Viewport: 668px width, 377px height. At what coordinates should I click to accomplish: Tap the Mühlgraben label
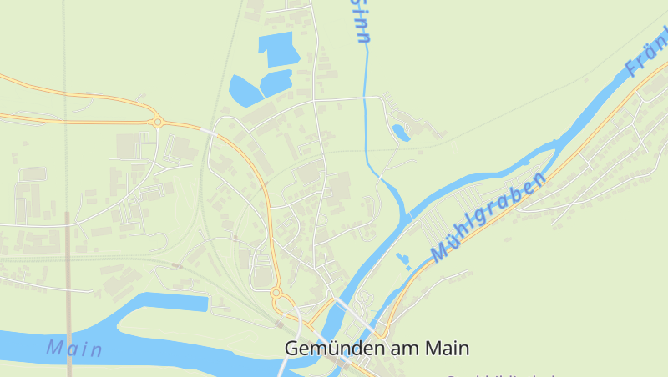tap(488, 218)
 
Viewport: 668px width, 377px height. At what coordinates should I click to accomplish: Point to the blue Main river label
tap(74, 348)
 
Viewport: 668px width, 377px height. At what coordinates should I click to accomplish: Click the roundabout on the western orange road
tap(157, 123)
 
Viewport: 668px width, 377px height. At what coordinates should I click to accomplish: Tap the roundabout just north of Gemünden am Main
tap(277, 294)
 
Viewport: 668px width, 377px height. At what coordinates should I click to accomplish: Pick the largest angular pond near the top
tap(277, 48)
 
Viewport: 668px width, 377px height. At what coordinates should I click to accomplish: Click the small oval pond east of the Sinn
tap(402, 132)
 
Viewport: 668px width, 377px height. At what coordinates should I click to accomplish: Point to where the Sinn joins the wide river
tap(407, 216)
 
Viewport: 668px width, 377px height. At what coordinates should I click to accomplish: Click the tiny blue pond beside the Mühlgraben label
tap(404, 260)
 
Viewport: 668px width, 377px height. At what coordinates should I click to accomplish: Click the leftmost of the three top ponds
tap(242, 89)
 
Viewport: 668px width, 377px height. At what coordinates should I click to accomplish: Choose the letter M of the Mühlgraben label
tap(440, 252)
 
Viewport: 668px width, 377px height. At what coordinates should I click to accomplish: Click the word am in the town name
tap(405, 348)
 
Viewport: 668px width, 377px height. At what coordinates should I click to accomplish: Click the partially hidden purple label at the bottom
tap(501, 374)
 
